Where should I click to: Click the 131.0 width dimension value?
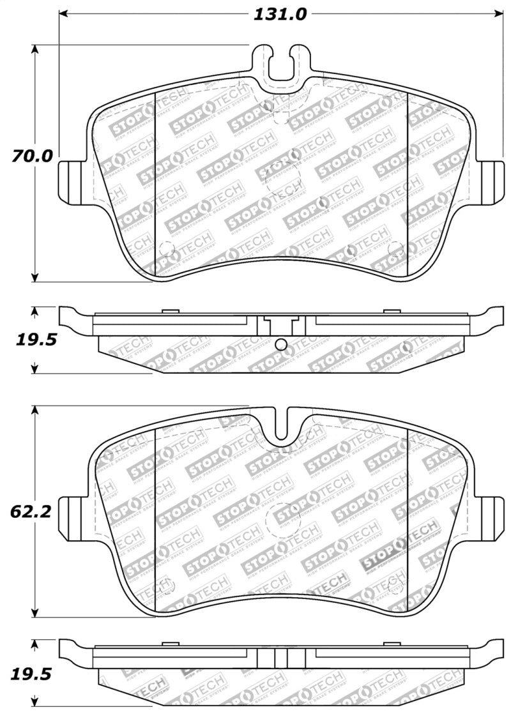pyautogui.click(x=281, y=14)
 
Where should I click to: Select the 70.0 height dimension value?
pyautogui.click(x=30, y=155)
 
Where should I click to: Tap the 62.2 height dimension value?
pyautogui.click(x=30, y=511)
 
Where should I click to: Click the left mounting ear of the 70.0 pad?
pyautogui.click(x=72, y=181)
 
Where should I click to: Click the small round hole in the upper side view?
pyautogui.click(x=280, y=345)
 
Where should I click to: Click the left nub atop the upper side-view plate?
pyautogui.click(x=169, y=311)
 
